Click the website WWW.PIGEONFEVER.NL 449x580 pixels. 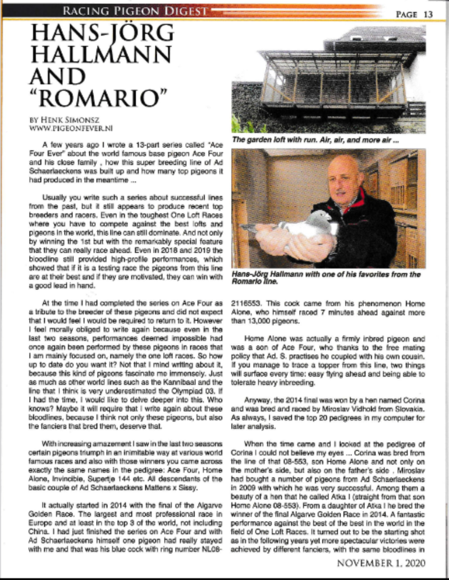click(62, 128)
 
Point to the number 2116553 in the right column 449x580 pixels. click(248, 303)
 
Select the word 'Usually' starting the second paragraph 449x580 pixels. click(56, 198)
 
